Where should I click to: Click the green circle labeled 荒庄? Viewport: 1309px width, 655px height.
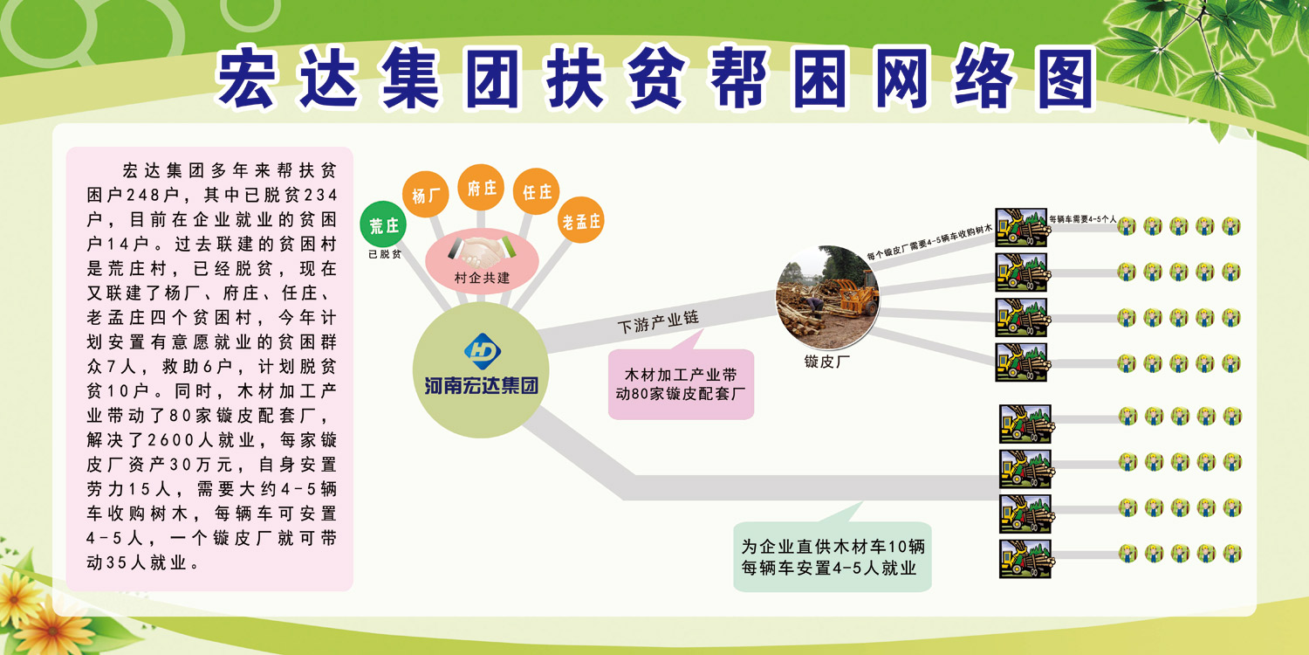[x=383, y=224]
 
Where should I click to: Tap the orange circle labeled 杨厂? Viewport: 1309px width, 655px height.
[x=426, y=194]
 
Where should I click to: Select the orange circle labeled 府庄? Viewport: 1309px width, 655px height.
[x=480, y=187]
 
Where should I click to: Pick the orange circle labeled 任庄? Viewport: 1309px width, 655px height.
[x=537, y=191]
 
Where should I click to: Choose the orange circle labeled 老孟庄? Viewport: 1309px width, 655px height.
[x=581, y=220]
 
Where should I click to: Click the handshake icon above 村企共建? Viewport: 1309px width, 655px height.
[x=482, y=251]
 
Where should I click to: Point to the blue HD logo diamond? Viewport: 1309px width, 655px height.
[x=482, y=351]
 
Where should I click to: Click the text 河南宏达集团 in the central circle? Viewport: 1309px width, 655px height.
[x=481, y=386]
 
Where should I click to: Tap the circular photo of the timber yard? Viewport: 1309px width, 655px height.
[x=827, y=298]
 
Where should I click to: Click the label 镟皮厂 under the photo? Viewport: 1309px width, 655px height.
[x=827, y=362]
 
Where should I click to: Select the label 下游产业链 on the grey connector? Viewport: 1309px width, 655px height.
[x=658, y=321]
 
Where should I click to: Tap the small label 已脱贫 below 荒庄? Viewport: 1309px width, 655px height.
[x=385, y=254]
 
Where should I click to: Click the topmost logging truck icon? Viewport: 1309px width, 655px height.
[x=1021, y=227]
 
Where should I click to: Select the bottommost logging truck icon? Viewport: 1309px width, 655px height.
[x=1025, y=559]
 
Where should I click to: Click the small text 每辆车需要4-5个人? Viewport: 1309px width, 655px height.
[x=1082, y=219]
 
